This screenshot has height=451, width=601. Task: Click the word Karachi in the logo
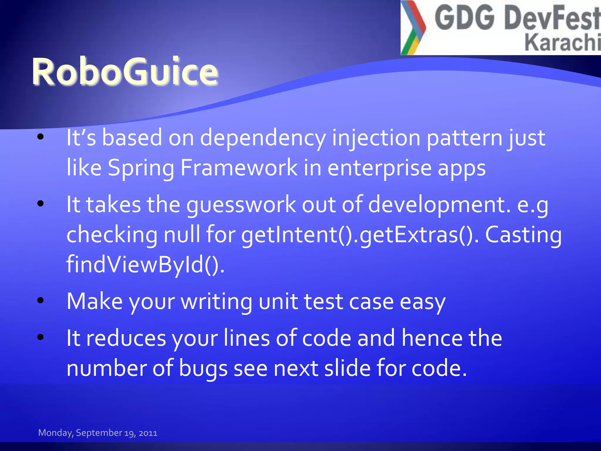coord(562,43)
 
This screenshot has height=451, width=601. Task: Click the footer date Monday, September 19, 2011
coord(98,433)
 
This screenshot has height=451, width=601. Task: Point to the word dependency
coord(263,138)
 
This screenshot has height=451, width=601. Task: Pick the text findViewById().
coord(146,265)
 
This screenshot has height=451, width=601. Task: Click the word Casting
coord(523,235)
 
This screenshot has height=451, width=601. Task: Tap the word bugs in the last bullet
coord(203,368)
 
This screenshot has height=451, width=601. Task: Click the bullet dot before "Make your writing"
coord(40,300)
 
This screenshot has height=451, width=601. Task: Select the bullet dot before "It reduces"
coord(40,337)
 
